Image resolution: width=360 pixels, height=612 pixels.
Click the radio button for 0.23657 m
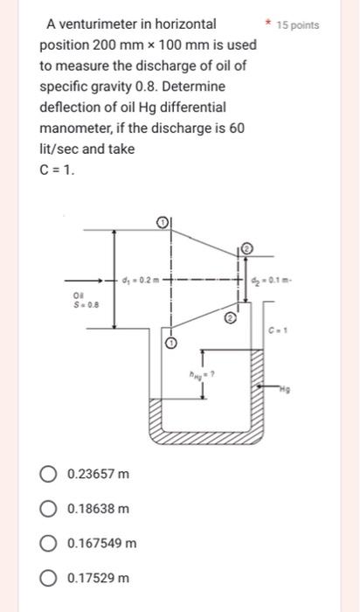(49, 474)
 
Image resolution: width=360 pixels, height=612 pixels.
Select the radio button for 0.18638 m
(49, 508)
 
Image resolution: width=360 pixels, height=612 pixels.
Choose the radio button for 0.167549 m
(49, 543)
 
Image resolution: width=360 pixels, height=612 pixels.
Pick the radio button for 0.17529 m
(49, 578)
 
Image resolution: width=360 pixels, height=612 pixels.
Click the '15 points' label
(297, 25)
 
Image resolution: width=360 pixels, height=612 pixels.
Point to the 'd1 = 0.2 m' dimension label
(142, 281)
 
